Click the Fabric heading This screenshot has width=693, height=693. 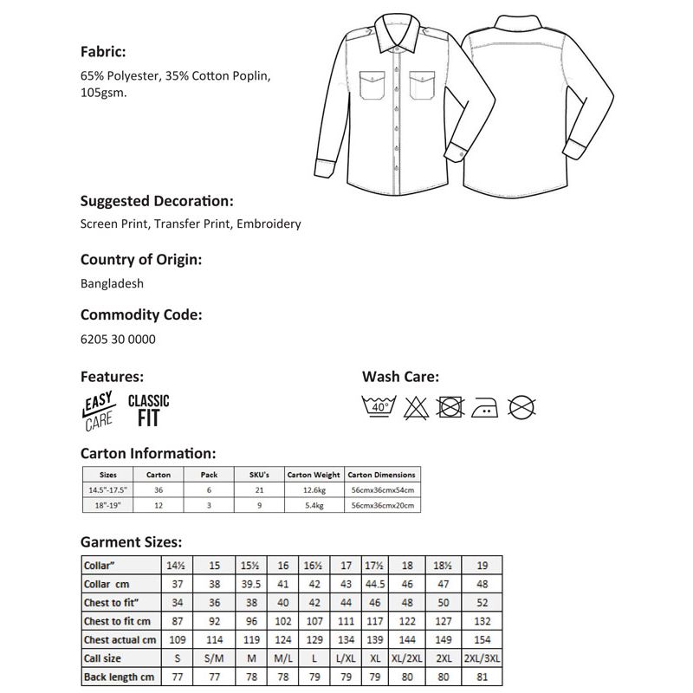103,51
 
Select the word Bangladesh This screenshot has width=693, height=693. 112,282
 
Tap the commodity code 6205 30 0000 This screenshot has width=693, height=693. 118,339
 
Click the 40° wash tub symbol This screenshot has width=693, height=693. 379,405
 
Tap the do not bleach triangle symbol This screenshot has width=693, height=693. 413,405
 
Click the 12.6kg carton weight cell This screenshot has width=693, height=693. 314,490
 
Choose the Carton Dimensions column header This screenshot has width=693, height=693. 382,475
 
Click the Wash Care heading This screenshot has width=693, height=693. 400,377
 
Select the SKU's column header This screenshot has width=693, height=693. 260,475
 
